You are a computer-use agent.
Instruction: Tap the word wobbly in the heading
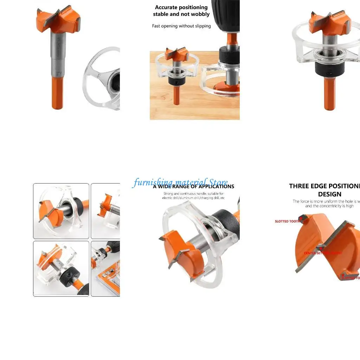click(x=200, y=14)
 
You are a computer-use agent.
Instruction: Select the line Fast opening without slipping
click(x=181, y=26)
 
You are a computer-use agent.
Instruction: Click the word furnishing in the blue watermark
click(x=153, y=182)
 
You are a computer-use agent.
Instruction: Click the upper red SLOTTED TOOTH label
click(x=287, y=221)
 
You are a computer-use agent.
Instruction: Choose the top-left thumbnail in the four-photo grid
click(x=61, y=211)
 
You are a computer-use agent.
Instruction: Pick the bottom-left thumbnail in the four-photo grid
click(x=61, y=268)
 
